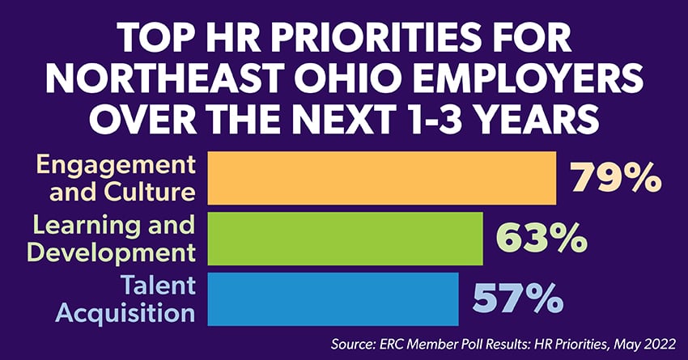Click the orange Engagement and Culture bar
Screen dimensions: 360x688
[382, 177]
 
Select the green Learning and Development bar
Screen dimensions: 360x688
[346, 239]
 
